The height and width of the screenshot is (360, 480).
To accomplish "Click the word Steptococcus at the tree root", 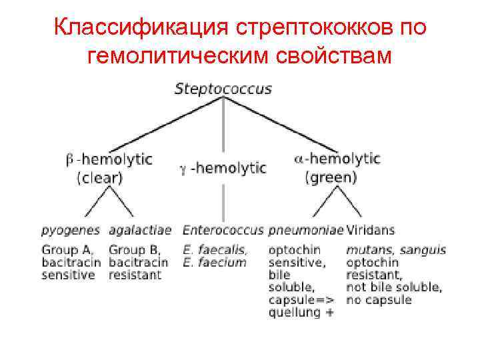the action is pyautogui.click(x=223, y=89).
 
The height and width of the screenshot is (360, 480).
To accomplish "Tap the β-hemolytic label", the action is pyautogui.click(x=109, y=160).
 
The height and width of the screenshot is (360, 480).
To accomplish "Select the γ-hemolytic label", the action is pyautogui.click(x=223, y=169).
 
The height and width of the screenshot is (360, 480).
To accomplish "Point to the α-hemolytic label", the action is pyautogui.click(x=337, y=159).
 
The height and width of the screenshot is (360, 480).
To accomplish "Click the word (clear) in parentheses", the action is pyautogui.click(x=99, y=178).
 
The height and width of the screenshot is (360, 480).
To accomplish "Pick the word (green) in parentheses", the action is pyautogui.click(x=331, y=178).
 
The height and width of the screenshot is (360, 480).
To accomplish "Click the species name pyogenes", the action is pyautogui.click(x=71, y=231).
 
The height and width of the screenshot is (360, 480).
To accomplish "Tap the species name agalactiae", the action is pyautogui.click(x=140, y=231).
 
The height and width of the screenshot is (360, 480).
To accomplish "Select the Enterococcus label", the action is pyautogui.click(x=224, y=231).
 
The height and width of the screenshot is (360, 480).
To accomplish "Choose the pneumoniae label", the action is pyautogui.click(x=306, y=231).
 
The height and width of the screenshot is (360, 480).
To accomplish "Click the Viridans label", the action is pyautogui.click(x=370, y=231).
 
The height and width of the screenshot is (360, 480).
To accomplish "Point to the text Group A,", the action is pyautogui.click(x=69, y=250).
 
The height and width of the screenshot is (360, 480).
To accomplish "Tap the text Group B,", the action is pyautogui.click(x=137, y=250).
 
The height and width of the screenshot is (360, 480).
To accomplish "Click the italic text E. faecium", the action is pyautogui.click(x=214, y=263).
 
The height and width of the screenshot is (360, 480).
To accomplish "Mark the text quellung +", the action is pyautogui.click(x=301, y=312).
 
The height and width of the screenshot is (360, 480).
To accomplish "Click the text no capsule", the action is pyautogui.click(x=379, y=300).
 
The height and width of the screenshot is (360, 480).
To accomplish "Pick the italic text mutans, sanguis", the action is pyautogui.click(x=396, y=250).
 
